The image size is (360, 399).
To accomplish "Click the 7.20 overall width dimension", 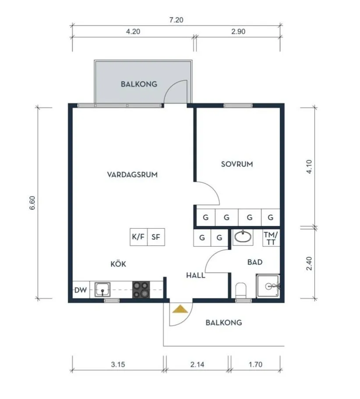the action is click(176, 20).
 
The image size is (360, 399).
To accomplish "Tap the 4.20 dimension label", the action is click(133, 32).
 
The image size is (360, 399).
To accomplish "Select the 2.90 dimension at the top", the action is click(238, 32).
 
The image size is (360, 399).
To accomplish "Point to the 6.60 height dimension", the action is click(32, 203).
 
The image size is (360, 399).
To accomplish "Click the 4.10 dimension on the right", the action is click(309, 167).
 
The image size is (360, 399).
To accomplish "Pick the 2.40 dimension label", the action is click(309, 264).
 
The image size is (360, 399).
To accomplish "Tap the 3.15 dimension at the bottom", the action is click(118, 364).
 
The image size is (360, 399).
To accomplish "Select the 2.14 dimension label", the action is click(197, 364).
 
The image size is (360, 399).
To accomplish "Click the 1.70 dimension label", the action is click(256, 364).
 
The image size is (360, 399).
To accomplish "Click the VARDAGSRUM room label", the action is click(132, 175).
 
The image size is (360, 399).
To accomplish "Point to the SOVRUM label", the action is click(237, 164).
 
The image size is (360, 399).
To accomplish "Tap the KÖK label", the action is click(118, 263).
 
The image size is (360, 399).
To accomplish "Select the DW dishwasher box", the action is click(81, 290).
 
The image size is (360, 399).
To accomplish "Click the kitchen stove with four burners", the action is click(141, 290).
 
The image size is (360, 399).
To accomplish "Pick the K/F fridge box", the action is click(139, 237).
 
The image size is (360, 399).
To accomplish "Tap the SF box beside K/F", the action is click(156, 237).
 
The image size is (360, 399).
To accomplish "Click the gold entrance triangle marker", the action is click(180, 309).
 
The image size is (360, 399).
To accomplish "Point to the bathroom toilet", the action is click(241, 290).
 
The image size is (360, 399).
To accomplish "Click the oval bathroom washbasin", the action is click(243, 237).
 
